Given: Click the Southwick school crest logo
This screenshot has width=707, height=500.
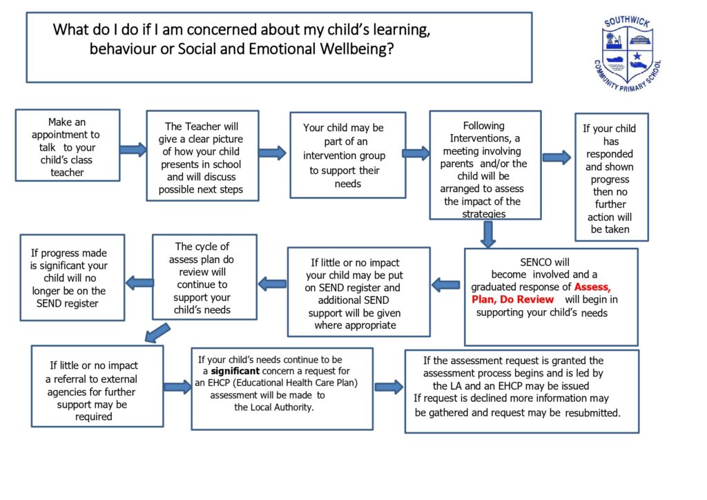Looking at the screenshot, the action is (628, 54).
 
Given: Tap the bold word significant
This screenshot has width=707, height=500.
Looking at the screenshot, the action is (235, 371).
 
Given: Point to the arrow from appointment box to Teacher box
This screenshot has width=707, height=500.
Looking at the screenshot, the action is (133, 150).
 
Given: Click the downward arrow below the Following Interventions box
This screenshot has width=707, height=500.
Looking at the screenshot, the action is (487, 234).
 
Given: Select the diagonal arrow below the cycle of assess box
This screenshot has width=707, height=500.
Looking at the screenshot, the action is (157, 333).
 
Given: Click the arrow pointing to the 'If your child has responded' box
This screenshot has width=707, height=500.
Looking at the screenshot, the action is (557, 157).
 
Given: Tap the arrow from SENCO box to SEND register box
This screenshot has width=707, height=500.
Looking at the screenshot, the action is (445, 285).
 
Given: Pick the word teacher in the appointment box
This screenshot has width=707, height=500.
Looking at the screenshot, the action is (67, 173).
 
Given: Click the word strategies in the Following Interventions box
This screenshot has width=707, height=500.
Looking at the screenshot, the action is (484, 213).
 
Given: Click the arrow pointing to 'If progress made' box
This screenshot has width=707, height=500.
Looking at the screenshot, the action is (139, 283).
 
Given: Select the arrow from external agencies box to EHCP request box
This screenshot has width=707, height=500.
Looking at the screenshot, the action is (177, 387).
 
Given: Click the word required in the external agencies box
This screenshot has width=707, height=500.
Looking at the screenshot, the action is (94, 417).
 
